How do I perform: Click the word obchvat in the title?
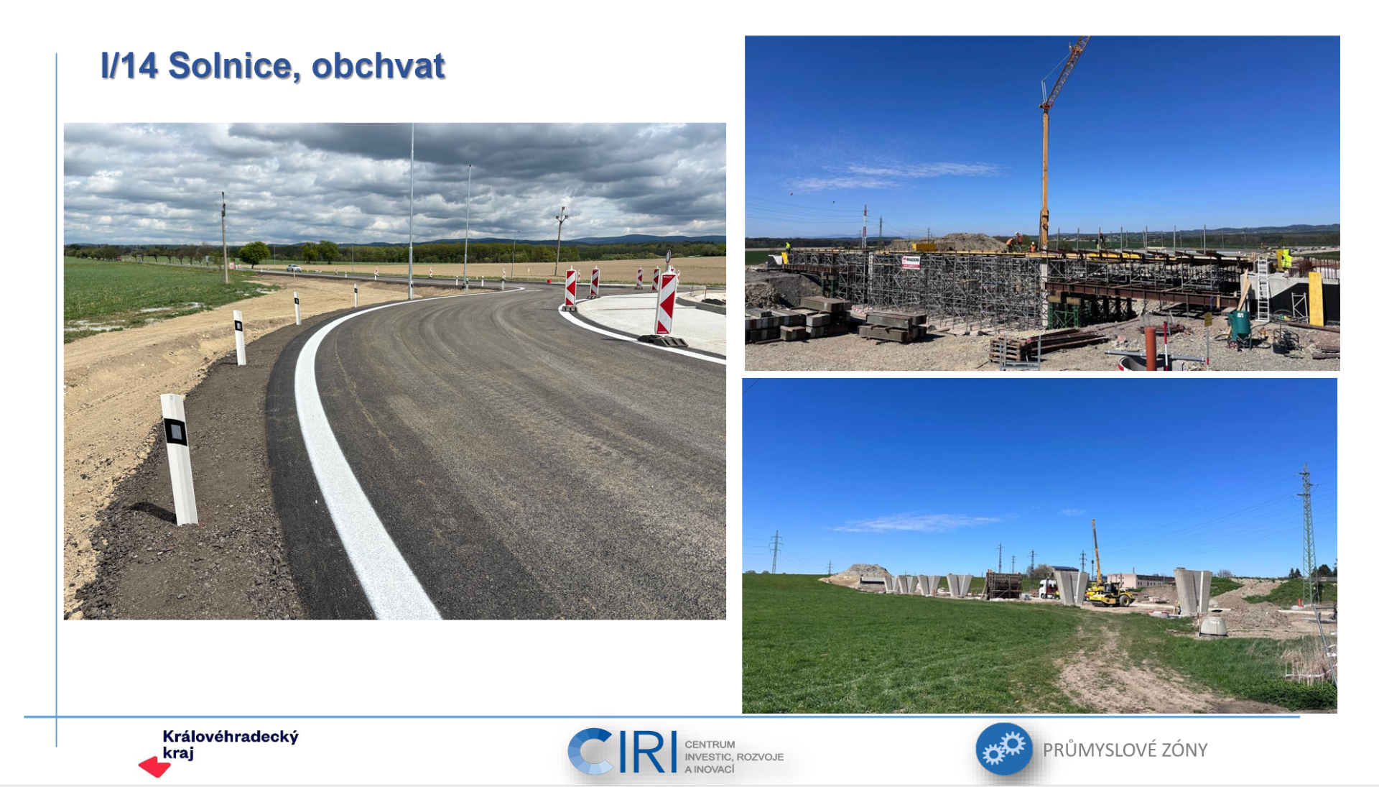(379, 66)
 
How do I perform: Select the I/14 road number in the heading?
(129, 66)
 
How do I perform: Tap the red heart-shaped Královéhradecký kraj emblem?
(154, 767)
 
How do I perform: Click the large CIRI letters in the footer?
(622, 751)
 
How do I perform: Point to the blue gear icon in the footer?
(1003, 749)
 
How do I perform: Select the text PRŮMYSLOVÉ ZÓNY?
(1125, 750)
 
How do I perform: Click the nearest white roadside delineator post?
(179, 459)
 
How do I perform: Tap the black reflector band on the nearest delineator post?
(175, 431)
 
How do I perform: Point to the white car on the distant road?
(294, 269)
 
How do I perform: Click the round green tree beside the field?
(254, 253)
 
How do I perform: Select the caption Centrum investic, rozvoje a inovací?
(733, 757)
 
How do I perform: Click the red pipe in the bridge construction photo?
(1151, 348)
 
